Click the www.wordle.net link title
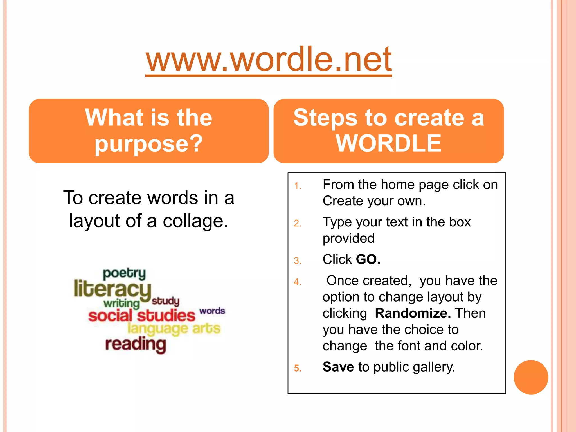tap(269, 60)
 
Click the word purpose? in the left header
tap(148, 143)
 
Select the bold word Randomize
tap(413, 313)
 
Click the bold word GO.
tap(368, 259)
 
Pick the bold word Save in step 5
tap(338, 367)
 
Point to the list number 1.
tap(298, 186)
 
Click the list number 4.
tap(298, 282)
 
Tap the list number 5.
tap(298, 368)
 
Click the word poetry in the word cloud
tap(124, 273)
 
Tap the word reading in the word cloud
tap(136, 344)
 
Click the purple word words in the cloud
tap(212, 311)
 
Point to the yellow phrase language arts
tap(174, 328)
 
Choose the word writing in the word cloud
tap(121, 303)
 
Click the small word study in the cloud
tap(165, 301)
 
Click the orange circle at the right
tap(531, 377)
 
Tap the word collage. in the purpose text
tap(195, 221)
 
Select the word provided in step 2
tap(348, 238)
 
